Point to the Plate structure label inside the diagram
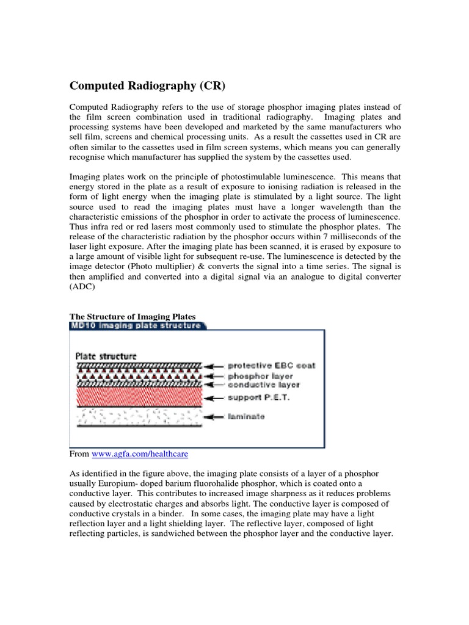point(106,355)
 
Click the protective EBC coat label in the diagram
point(271,366)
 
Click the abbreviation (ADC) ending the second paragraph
point(82,287)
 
